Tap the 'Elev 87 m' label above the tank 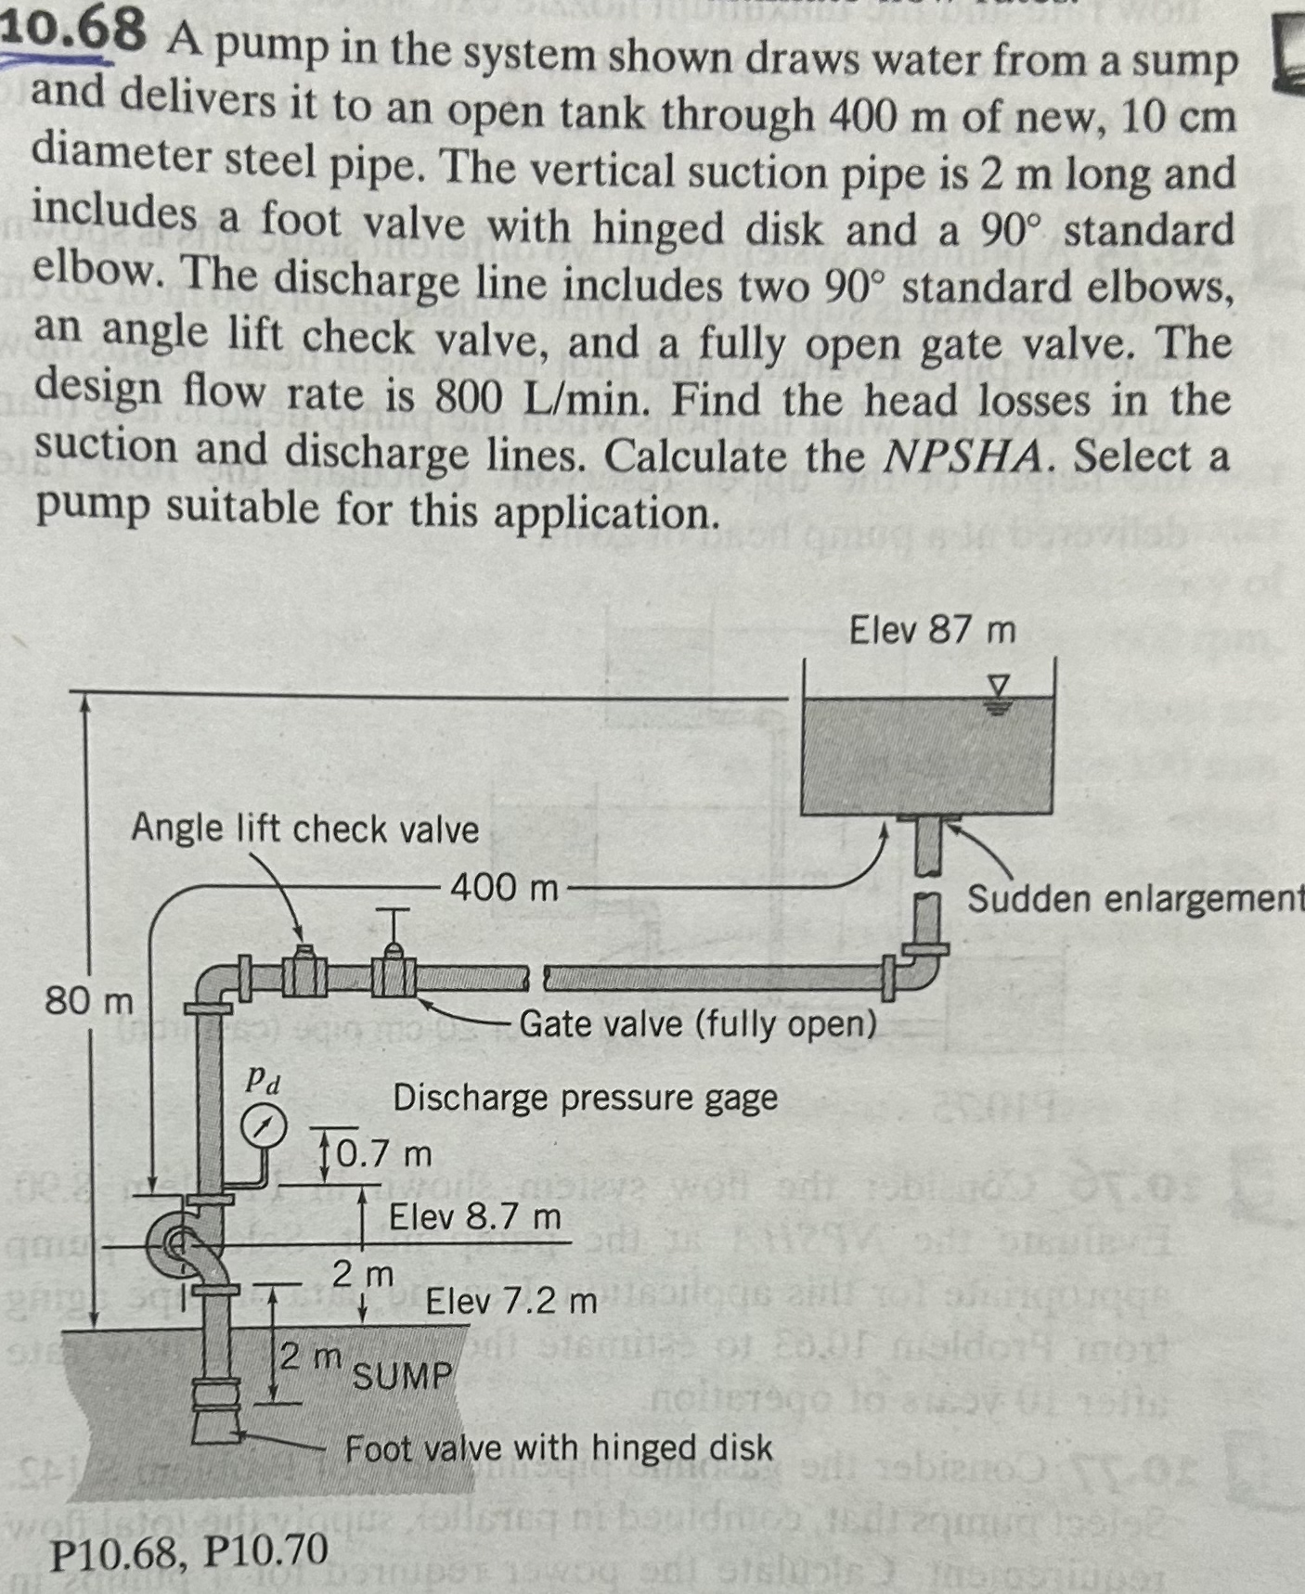click(932, 632)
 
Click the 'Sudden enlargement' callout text click(1134, 898)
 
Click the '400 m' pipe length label click(505, 888)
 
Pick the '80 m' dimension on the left click(89, 1001)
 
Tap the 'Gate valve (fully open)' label click(697, 1024)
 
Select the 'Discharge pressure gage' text click(585, 1098)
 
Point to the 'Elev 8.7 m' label click(474, 1215)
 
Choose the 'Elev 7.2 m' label click(510, 1302)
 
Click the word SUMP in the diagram click(401, 1375)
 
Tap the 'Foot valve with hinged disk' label click(558, 1447)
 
